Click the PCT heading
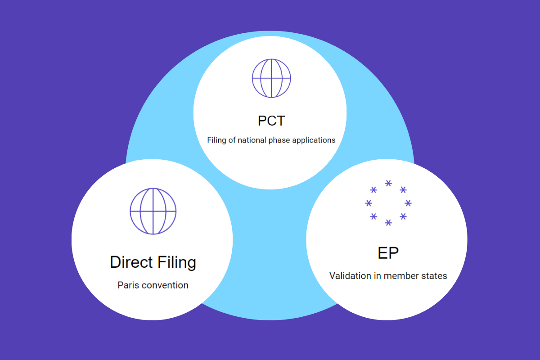271,121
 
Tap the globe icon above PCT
271,78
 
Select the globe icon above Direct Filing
153,211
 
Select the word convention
165,285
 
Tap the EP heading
388,253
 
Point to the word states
434,276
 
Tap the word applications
314,140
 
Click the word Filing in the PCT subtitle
216,140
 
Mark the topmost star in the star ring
388,183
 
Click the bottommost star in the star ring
388,223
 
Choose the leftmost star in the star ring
369,203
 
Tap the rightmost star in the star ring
408,203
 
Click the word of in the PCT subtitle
232,140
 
